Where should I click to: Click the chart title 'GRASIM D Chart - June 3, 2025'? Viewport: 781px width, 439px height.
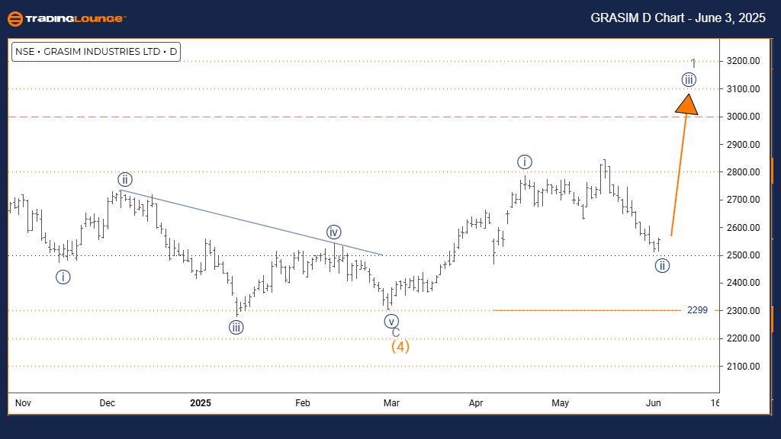677,18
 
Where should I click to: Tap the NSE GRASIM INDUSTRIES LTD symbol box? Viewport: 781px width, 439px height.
96,52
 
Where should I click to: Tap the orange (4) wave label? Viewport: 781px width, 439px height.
400,347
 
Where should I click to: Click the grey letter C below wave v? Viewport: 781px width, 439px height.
396,332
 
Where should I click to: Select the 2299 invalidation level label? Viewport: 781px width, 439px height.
697,310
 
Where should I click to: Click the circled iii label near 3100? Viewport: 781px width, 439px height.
689,79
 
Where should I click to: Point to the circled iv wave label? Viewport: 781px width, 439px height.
333,232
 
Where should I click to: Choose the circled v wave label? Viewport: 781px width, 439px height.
391,321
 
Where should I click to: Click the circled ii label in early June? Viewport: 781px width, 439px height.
662,266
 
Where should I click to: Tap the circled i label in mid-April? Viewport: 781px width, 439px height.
524,162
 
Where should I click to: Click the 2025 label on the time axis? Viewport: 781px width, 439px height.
201,402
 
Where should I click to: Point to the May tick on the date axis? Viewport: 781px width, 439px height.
561,402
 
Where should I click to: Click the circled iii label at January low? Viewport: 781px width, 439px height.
236,328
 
